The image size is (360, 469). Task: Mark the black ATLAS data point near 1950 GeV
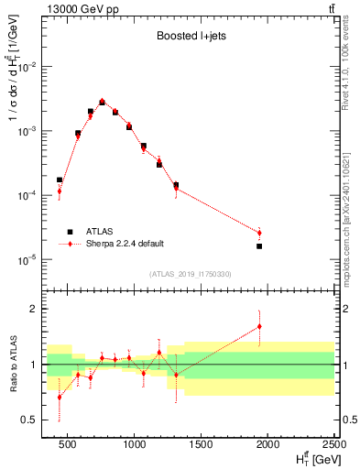(259, 246)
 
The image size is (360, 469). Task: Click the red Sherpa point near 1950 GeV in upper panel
(259, 233)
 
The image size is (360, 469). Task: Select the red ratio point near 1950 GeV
(259, 326)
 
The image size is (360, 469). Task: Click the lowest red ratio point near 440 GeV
(60, 397)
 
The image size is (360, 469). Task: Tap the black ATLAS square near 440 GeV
(60, 180)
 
